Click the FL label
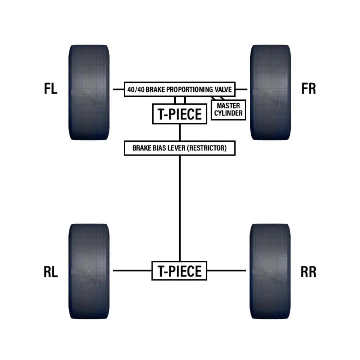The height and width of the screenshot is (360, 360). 51,89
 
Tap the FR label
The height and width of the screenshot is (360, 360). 309,89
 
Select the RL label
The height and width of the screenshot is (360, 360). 51,273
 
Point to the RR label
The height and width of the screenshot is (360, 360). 309,273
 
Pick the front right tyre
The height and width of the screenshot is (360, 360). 270,92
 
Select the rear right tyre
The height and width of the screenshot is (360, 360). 270,271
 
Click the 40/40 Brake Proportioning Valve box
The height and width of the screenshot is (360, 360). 180,89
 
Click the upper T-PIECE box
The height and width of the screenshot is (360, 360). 180,114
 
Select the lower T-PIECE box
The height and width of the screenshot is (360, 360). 179,271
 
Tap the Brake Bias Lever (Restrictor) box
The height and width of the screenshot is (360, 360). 180,148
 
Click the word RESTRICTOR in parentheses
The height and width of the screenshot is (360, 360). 208,148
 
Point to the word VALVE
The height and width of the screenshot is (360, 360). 223,89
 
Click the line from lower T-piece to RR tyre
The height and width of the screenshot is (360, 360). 226,271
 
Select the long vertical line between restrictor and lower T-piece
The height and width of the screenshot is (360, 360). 179,209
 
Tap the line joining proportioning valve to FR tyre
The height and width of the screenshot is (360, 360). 241,89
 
